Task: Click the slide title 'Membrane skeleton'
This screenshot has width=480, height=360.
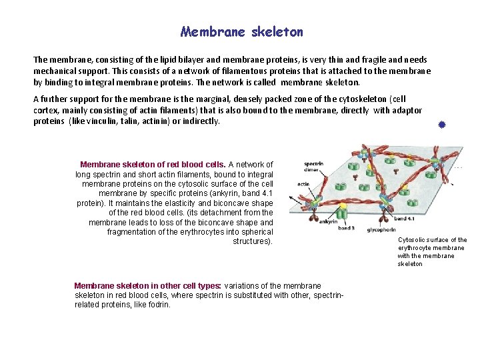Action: [x=241, y=32]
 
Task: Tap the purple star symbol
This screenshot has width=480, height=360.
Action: [x=441, y=125]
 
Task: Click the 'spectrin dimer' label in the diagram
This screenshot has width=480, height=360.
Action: [x=314, y=167]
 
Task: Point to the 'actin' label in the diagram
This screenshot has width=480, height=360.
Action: [x=303, y=185]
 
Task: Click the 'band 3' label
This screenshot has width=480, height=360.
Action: [x=345, y=229]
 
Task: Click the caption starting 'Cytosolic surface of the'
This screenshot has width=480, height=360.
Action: [x=432, y=240]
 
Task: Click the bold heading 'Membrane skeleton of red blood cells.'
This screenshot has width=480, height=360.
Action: [x=153, y=164]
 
